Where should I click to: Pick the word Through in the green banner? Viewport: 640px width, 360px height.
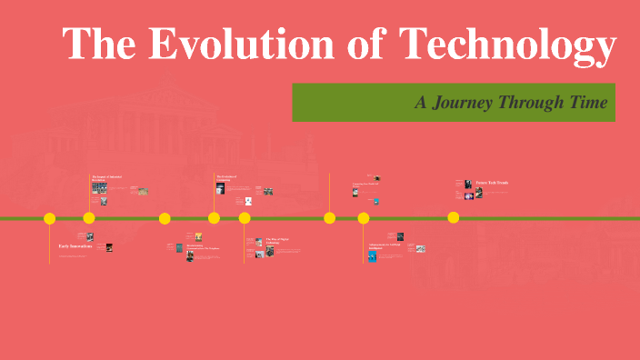(528, 103)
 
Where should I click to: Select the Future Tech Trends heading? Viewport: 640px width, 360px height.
(492, 183)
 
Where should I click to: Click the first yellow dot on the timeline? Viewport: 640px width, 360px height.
(50, 218)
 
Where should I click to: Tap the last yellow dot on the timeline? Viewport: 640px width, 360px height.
(453, 218)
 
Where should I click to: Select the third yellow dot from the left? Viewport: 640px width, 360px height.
(165, 218)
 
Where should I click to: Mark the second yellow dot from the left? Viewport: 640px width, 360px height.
(89, 218)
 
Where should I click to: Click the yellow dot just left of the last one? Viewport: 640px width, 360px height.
(364, 218)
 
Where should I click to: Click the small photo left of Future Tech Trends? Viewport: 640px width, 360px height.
(468, 184)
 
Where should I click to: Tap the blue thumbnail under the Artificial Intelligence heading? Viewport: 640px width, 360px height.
(372, 256)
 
